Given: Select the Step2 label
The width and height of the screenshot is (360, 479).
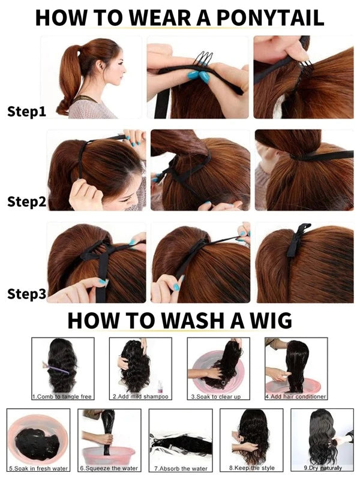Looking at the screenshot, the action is tap(26, 201).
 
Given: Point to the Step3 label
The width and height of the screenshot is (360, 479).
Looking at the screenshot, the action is tap(26, 294).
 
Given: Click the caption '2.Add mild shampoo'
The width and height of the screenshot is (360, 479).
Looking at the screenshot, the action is tap(140, 396).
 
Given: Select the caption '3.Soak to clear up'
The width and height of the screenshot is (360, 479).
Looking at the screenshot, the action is tap(216, 396).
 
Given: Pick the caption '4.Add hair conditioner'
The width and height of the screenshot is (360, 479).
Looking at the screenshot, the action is tap(296, 396).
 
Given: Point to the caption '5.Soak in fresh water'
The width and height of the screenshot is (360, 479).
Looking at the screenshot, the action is tap(38, 468).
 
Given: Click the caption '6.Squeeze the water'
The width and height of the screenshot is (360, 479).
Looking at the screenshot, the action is tap(109, 468).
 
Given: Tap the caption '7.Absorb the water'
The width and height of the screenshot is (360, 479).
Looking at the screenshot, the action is tap(181, 468).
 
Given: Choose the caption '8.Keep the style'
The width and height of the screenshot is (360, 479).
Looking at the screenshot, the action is tap(252, 468).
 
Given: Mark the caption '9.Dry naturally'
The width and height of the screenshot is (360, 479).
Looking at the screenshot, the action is tap(323, 468).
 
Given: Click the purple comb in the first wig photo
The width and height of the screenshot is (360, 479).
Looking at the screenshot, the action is tap(56, 368).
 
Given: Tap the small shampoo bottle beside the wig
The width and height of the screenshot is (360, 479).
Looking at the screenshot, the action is tap(160, 387).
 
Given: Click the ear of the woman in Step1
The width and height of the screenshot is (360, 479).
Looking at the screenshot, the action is tap(100, 66).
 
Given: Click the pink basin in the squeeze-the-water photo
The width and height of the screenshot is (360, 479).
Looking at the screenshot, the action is tap(109, 455).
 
